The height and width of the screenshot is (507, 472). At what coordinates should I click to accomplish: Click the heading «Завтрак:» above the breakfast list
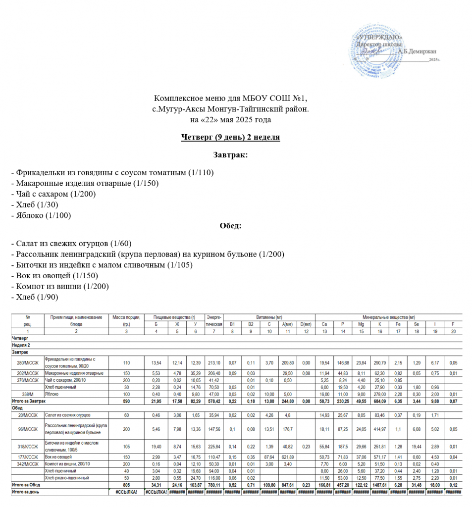(230, 155)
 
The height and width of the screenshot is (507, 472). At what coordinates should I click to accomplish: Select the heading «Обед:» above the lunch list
(230, 226)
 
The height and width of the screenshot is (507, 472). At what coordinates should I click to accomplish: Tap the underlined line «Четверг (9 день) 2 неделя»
(230, 137)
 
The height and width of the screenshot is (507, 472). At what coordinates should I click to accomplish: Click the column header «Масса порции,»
(126, 317)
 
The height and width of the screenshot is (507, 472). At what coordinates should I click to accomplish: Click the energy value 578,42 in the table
(214, 401)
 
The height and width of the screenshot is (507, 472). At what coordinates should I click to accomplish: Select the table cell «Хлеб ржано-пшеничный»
(67, 478)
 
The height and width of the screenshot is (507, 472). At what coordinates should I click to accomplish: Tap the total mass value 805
(126, 485)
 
